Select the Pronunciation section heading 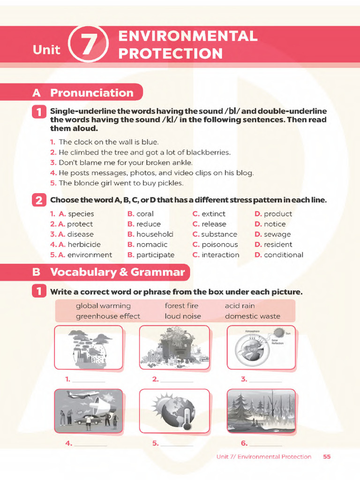coord(91,93)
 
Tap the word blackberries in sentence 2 coord(208,152)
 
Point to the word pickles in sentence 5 coord(171,183)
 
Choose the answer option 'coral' coord(145,214)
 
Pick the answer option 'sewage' coord(277,234)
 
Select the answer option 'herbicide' coord(84,245)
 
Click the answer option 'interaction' coord(220,255)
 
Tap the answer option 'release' coord(214,224)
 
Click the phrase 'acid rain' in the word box coord(240,306)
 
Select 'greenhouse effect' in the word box coord(108,316)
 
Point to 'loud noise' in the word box coord(183,316)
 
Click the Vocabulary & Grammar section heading coord(117,272)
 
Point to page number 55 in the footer coord(327,457)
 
